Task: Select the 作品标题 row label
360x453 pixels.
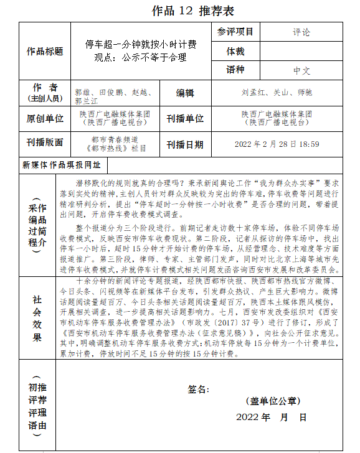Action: click(45, 52)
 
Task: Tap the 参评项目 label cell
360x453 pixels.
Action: click(235, 32)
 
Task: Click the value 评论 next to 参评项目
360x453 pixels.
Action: click(301, 32)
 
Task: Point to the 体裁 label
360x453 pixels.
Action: click(235, 51)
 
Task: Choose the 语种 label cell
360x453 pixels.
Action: click(235, 70)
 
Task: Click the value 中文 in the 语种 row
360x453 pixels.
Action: click(301, 70)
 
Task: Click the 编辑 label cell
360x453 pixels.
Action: click(185, 93)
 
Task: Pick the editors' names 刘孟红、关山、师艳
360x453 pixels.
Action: click(277, 93)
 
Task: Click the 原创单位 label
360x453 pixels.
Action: click(45, 118)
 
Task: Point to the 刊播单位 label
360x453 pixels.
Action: click(185, 118)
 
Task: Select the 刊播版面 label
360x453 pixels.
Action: click(45, 142)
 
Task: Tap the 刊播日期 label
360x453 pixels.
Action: click(185, 144)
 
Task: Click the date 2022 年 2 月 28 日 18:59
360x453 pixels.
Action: click(277, 144)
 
